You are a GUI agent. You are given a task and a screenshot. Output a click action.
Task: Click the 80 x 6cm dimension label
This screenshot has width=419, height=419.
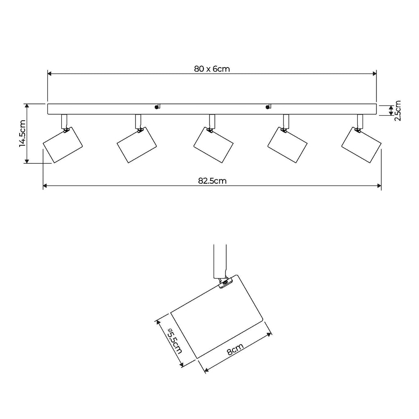point(212,69)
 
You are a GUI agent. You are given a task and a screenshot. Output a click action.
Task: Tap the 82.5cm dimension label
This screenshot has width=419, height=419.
point(212,181)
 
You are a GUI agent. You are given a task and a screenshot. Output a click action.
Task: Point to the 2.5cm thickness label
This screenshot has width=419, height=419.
point(398,110)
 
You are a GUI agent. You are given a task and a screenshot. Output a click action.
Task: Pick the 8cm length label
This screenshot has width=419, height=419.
point(235,349)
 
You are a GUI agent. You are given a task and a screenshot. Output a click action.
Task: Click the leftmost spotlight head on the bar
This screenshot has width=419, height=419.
point(63,145)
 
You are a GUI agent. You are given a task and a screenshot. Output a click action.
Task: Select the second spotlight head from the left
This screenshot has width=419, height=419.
point(137,145)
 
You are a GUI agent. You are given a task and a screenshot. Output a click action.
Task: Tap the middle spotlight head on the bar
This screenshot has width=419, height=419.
point(214,145)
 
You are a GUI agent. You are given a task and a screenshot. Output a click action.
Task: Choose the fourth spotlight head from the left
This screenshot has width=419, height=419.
point(288,145)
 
